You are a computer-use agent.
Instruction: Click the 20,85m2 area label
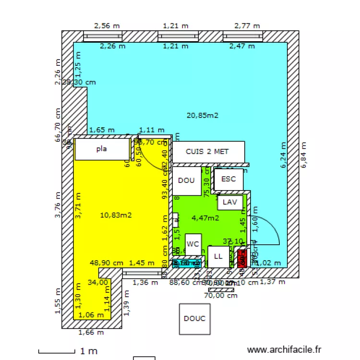click(x=202, y=115)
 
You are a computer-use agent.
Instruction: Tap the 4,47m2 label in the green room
click(x=205, y=217)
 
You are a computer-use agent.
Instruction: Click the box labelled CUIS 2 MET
click(x=207, y=152)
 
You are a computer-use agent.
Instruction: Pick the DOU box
click(x=186, y=180)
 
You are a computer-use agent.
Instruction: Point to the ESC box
click(x=228, y=179)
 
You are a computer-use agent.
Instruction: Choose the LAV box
click(x=230, y=202)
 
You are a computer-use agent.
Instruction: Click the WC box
click(x=193, y=244)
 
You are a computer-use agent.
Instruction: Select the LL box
click(x=218, y=256)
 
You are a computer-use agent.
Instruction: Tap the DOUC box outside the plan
click(x=194, y=319)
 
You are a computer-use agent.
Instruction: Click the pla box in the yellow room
click(x=102, y=149)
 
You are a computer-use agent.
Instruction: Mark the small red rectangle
click(x=242, y=258)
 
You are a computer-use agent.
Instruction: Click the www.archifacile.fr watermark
click(x=284, y=350)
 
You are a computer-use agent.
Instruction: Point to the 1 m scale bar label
click(x=89, y=351)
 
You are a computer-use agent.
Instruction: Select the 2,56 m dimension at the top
click(x=107, y=26)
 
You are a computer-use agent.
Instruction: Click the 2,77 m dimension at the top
click(x=247, y=26)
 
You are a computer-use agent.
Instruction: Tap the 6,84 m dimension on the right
click(x=303, y=155)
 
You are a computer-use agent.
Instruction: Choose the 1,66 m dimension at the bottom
click(x=91, y=332)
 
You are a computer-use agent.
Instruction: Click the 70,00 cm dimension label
click(x=220, y=296)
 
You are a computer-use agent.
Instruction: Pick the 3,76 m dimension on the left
click(x=58, y=205)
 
